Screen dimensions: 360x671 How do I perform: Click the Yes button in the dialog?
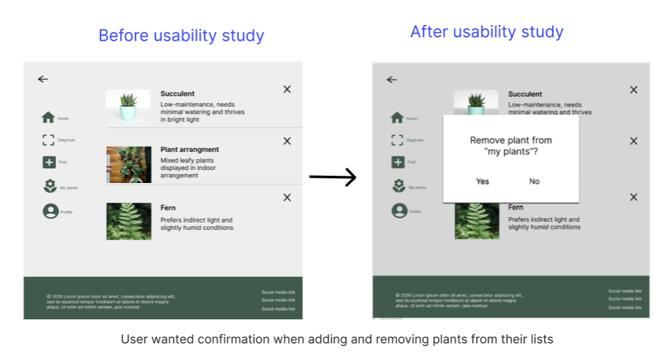pos(483,182)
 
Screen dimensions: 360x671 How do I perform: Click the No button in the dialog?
pos(534,182)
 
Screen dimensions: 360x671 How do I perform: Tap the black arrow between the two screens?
pos(333,177)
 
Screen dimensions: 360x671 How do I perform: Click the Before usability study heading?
pos(181,36)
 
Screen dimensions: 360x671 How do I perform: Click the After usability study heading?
pos(487,32)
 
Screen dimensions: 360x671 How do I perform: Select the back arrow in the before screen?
pos(43,79)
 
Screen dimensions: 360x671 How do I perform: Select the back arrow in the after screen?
pos(392,80)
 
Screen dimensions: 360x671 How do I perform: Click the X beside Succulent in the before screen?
pos(287,90)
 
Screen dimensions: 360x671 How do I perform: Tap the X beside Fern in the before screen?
pos(287,197)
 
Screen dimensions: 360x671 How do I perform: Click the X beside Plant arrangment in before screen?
pos(287,141)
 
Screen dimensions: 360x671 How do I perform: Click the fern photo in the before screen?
pos(129,221)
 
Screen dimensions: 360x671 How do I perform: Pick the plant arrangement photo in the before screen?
pos(129,165)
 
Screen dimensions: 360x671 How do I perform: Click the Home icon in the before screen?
pos(48,118)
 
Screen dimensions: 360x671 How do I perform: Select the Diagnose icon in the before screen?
pos(48,140)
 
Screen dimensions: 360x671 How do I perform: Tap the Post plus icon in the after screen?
pos(398,162)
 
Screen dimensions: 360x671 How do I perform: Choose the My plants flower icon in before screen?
pos(49,187)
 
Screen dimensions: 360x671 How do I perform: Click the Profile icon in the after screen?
pos(398,211)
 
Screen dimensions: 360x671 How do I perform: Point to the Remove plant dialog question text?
pos(511,146)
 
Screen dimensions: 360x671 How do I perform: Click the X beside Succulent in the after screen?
pos(633,90)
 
